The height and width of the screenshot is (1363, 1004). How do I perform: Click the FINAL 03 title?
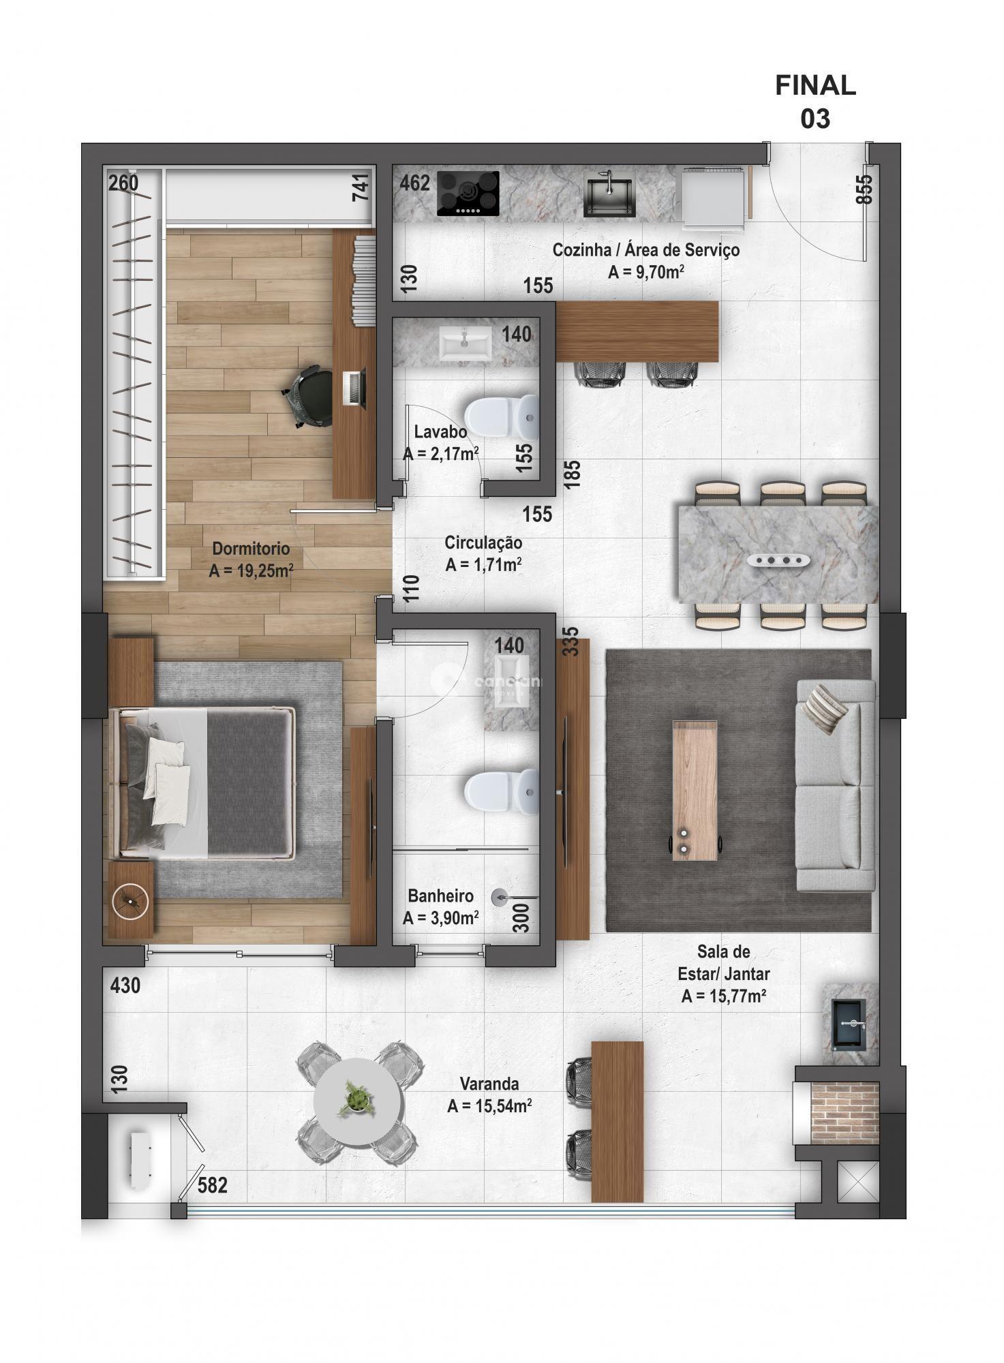(815, 102)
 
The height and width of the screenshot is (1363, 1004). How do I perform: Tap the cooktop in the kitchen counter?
(468, 194)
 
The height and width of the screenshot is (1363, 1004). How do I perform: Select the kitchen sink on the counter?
(608, 193)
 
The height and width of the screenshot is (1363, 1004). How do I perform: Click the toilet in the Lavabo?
(500, 416)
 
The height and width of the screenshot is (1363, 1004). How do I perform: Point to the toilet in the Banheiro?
(500, 791)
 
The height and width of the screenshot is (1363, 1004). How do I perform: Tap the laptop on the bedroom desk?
(355, 388)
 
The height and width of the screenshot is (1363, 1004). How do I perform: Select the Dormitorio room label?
(251, 549)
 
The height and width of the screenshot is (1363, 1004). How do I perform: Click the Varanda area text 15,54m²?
(489, 1107)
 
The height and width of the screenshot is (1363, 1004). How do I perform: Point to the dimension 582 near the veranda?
(212, 1186)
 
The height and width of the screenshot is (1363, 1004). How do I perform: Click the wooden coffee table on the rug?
(695, 790)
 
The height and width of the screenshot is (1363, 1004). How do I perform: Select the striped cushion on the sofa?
(824, 709)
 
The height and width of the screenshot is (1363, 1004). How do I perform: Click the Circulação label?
(483, 542)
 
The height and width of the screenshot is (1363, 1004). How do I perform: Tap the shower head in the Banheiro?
(502, 898)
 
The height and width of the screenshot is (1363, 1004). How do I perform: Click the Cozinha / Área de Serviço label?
(645, 250)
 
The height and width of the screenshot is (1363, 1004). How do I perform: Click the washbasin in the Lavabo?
(465, 343)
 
